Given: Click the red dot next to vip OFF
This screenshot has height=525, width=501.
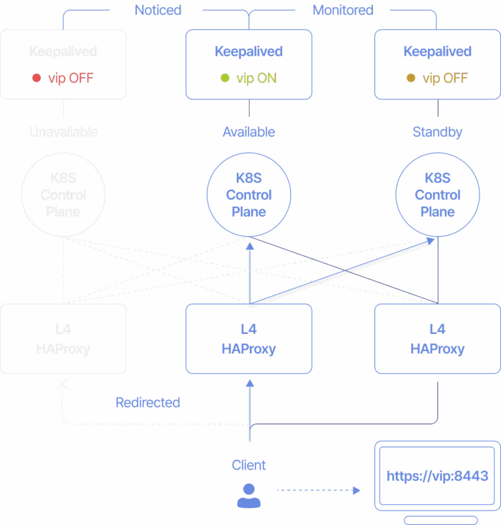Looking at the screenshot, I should pyautogui.click(x=37, y=78).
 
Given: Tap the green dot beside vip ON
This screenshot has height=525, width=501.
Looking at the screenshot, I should pyautogui.click(x=225, y=78).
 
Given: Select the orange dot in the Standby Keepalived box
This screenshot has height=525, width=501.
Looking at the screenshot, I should pyautogui.click(x=411, y=78).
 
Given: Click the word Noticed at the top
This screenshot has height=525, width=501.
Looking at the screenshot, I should pyautogui.click(x=158, y=10).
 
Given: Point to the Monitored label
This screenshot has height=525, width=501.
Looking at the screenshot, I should pyautogui.click(x=342, y=10).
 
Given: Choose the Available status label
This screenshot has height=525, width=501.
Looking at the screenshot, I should pyautogui.click(x=249, y=132).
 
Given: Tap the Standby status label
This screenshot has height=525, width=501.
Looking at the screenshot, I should pyautogui.click(x=438, y=132).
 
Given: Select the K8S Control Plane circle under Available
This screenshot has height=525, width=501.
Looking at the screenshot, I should pyautogui.click(x=249, y=194).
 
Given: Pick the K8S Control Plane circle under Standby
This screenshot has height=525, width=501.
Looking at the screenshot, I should pyautogui.click(x=438, y=194).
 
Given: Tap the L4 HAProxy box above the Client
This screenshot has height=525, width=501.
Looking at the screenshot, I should pyautogui.click(x=249, y=338).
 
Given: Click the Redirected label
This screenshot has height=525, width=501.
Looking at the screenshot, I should pyautogui.click(x=147, y=402).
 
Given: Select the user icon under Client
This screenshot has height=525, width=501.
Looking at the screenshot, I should pyautogui.click(x=249, y=496).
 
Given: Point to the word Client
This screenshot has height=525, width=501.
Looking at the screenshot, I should pyautogui.click(x=249, y=465).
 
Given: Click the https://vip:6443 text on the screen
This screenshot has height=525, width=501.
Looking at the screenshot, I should pyautogui.click(x=437, y=476).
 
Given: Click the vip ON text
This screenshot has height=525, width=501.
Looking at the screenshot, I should pyautogui.click(x=256, y=78).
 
